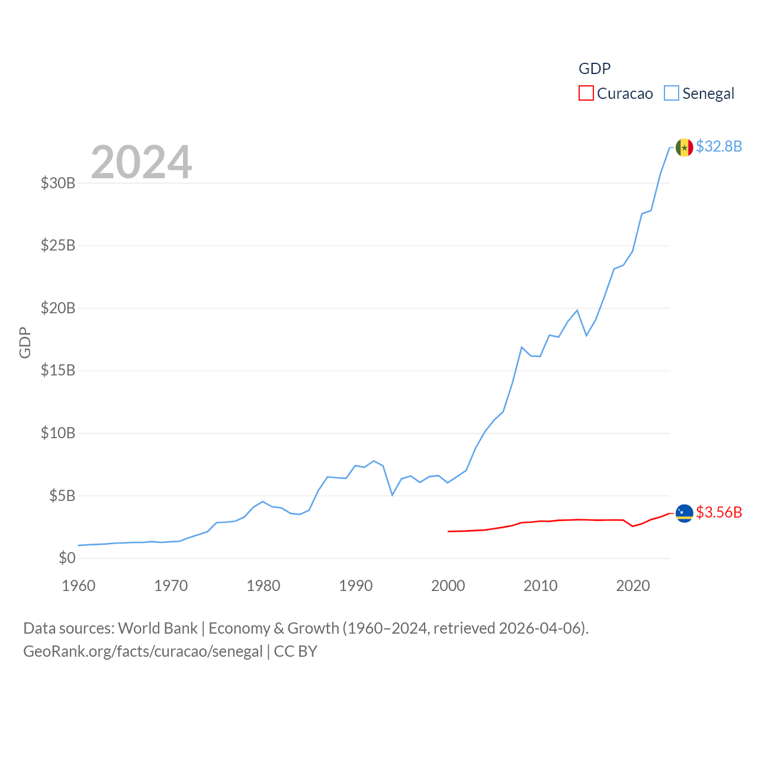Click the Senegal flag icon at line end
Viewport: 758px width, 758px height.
coord(684,147)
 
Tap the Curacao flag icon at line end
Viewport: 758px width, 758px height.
coord(684,513)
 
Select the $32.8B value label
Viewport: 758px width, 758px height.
coord(719,146)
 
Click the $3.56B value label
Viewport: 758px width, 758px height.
coord(719,512)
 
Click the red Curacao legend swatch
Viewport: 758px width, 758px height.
coord(586,93)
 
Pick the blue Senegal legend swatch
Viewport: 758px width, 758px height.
coord(671,93)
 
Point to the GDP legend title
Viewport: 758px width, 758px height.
coord(594,69)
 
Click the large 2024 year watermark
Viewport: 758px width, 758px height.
coord(141,162)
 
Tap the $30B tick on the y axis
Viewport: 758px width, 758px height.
coord(58,183)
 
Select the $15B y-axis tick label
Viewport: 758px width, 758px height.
coord(58,370)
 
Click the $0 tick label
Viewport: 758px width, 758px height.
coord(67,558)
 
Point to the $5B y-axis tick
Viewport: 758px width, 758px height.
coord(62,496)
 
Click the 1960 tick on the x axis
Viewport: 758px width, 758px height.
coord(78,586)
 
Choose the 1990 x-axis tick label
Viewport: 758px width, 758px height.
coord(355,586)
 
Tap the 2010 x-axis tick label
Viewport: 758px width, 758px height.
coord(540,586)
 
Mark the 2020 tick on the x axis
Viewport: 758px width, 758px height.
coord(632,586)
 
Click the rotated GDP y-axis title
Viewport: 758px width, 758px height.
coord(25,342)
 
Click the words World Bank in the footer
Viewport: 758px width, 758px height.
coord(158,628)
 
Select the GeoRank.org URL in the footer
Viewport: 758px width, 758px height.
coord(143,651)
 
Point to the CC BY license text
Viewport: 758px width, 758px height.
coord(296,651)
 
